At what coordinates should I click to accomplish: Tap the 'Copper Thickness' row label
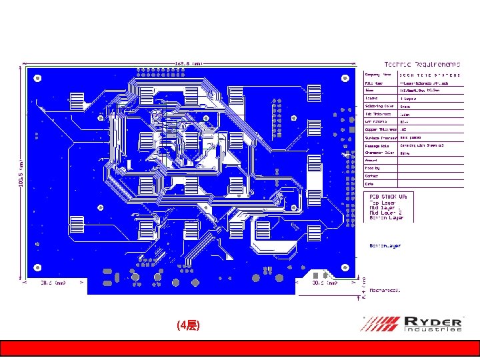(380, 129)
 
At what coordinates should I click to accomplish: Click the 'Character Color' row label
(379, 153)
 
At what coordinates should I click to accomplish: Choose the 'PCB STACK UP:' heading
(392, 196)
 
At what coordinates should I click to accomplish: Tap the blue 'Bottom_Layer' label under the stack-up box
(385, 245)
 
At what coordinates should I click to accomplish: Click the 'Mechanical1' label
(385, 291)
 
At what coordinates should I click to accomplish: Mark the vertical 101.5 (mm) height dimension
(21, 173)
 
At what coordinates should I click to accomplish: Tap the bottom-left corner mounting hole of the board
(37, 267)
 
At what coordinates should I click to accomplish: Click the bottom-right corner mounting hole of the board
(345, 267)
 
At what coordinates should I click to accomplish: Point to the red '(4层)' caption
(187, 325)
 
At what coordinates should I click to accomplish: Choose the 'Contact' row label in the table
(371, 176)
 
